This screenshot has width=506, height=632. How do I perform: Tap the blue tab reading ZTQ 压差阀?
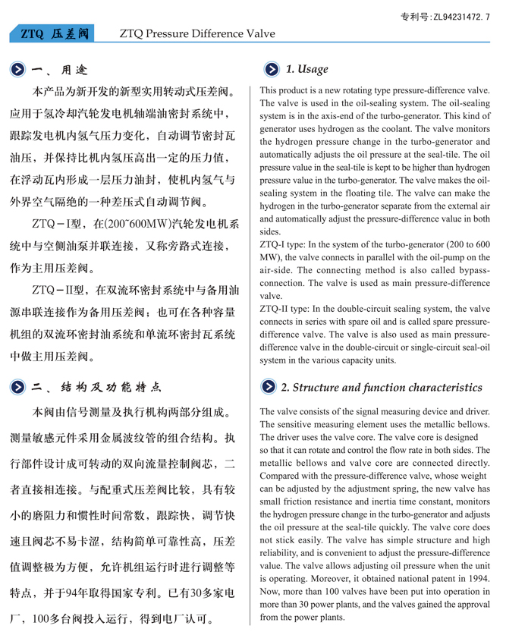[55, 34]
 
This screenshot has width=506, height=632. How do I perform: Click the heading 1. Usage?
[307, 70]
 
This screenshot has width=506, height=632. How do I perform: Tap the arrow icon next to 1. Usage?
[271, 70]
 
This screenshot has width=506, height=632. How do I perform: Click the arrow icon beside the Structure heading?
[270, 388]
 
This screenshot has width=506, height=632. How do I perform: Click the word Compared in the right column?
[284, 476]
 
